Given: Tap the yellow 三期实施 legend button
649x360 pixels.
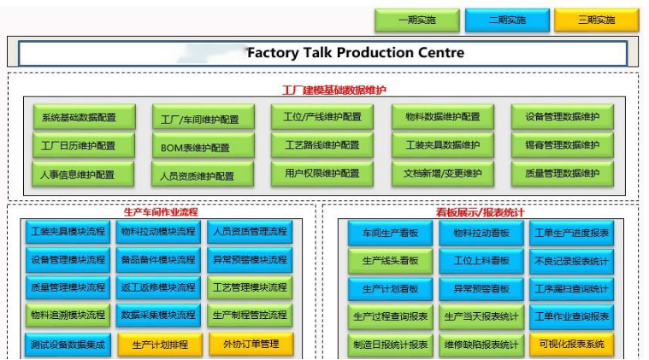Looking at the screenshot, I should pos(596,20).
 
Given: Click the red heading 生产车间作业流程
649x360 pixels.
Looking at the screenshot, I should pos(161,211).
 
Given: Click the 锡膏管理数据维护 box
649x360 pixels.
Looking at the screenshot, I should pos(563,145).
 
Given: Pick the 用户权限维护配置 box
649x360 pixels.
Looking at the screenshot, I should pos(322,174).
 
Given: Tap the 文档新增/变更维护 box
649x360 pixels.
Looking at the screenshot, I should pos(442,174).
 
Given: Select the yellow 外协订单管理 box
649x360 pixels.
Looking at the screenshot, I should pos(251,345).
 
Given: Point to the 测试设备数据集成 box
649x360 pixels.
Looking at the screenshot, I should pos(68,345).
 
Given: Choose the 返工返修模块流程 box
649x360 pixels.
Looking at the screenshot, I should pos(159,287).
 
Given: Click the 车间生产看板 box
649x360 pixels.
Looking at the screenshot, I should pos(389,233).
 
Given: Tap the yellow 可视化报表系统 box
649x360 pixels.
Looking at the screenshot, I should pos(571,345).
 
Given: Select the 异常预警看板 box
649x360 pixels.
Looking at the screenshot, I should pos(481,289).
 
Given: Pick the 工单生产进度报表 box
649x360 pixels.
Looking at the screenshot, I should pos(571,233).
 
